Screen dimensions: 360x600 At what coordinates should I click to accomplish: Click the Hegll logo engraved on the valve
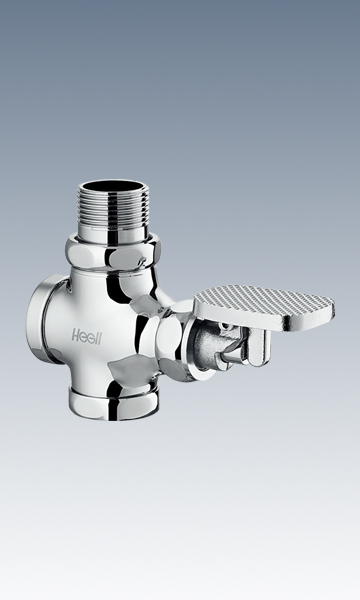87,336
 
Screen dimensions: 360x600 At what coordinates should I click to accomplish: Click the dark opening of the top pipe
113,187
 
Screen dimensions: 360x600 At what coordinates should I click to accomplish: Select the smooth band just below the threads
113,234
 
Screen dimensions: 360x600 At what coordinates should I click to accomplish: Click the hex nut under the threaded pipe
112,254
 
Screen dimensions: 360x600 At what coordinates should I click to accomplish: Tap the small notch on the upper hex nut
142,262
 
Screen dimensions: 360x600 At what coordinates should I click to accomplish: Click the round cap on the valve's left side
38,319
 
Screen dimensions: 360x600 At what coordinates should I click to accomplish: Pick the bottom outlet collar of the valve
114,403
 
